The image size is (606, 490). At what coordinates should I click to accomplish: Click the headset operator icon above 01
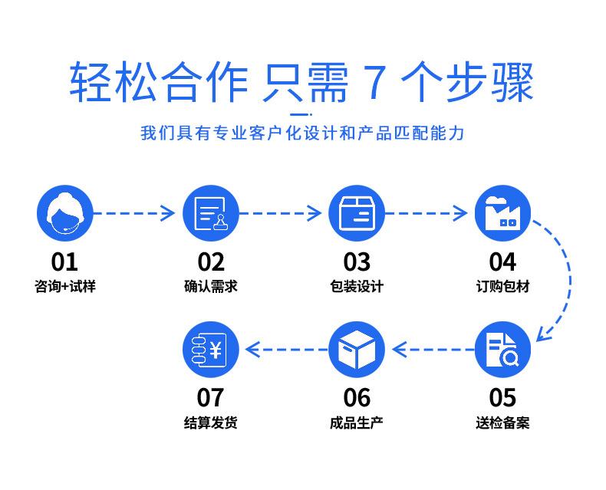pos(65,212)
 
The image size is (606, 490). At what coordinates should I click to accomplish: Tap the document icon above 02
pos(211,212)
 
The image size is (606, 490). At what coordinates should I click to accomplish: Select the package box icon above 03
pos(357,212)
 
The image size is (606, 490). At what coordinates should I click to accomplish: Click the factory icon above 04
pos(502,212)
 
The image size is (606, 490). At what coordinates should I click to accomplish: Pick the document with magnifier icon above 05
pos(502,350)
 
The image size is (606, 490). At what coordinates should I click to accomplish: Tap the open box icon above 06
pos(357,350)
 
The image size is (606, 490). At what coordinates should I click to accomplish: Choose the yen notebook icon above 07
pos(211,350)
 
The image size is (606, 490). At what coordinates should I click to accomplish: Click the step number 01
pos(65,262)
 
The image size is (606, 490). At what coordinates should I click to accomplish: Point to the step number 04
pos(502,262)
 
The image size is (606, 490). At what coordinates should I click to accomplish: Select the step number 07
pos(211,398)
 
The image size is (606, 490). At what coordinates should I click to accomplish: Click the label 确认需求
pos(211,287)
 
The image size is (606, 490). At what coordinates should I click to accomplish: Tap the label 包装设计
pos(357,287)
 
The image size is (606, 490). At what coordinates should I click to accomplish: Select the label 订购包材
pos(502,287)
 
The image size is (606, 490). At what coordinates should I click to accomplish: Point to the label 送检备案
pos(502,423)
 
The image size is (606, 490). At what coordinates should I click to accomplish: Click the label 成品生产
pos(357,423)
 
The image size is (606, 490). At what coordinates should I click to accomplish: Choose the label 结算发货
pos(211,423)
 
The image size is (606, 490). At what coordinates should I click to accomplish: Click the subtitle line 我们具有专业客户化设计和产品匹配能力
pos(302,133)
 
